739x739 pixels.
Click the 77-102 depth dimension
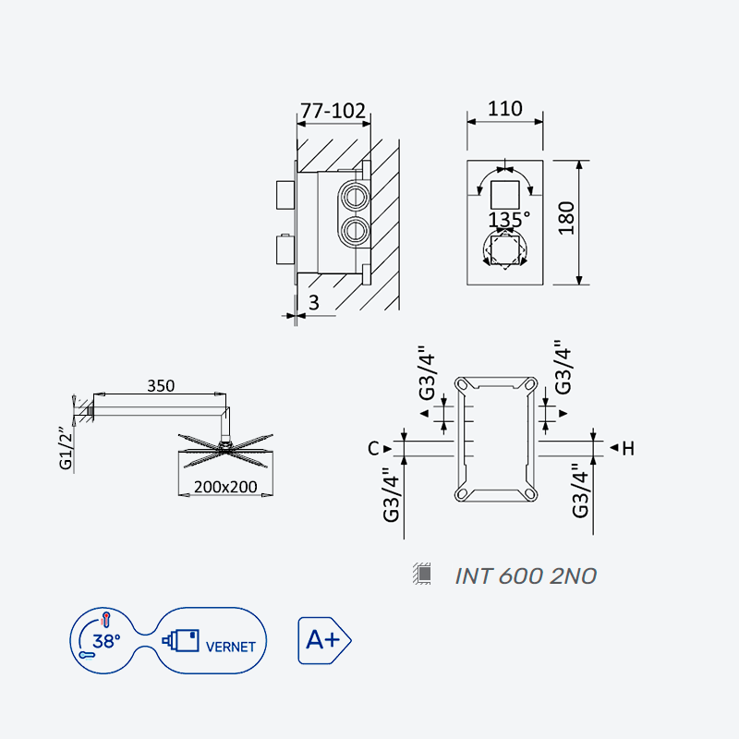pos(333,111)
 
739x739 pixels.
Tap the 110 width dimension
pos(504,109)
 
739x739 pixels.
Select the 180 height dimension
pos(566,218)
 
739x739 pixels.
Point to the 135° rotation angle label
pos(509,220)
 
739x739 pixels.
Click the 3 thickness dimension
pos(314,303)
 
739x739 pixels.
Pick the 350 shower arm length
pos(161,386)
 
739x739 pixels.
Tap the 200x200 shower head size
pos(225,487)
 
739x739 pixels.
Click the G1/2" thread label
pos(67,448)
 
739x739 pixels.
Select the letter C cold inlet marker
pos(373,448)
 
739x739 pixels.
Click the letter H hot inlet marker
pos(628,448)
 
